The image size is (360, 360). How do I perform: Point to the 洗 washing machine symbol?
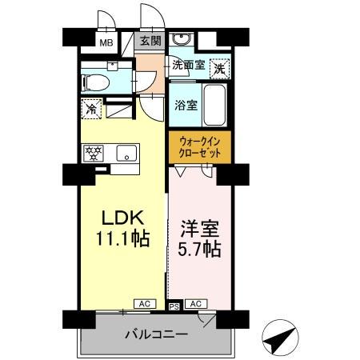click(x=218, y=68)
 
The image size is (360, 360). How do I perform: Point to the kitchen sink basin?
click(x=128, y=152)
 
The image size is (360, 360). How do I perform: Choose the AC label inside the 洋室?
click(x=195, y=304)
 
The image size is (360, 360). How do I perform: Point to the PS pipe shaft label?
click(x=174, y=306)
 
